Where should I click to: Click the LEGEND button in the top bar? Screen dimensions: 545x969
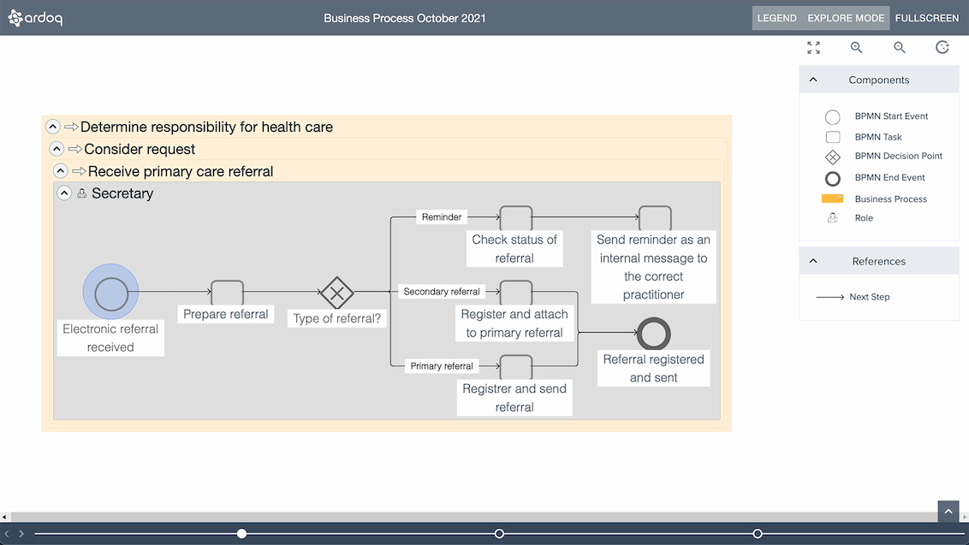click(776, 18)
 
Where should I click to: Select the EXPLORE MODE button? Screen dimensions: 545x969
click(846, 18)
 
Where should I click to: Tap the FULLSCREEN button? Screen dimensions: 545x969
click(927, 18)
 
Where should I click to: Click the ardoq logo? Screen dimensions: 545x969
click(35, 18)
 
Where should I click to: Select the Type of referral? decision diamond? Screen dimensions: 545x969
click(336, 293)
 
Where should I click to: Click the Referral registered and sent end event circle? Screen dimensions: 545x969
click(654, 334)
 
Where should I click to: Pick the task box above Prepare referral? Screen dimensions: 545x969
click(227, 293)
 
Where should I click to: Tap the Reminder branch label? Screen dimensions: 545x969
click(442, 217)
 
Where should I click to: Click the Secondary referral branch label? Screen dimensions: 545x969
click(442, 292)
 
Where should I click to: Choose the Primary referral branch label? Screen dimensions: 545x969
click(442, 366)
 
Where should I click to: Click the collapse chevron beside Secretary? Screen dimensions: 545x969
click(64, 193)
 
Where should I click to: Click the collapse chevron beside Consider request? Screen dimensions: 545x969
click(56, 149)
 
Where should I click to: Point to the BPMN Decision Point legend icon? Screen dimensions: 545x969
click(832, 157)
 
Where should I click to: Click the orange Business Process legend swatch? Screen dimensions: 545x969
click(832, 198)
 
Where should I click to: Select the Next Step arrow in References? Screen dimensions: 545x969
click(829, 297)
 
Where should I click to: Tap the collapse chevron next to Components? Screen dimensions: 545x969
click(813, 80)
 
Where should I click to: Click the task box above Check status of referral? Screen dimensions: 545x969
click(515, 218)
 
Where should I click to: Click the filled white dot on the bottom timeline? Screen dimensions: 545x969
click(241, 534)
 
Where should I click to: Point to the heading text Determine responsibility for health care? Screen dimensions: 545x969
click(206, 127)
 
